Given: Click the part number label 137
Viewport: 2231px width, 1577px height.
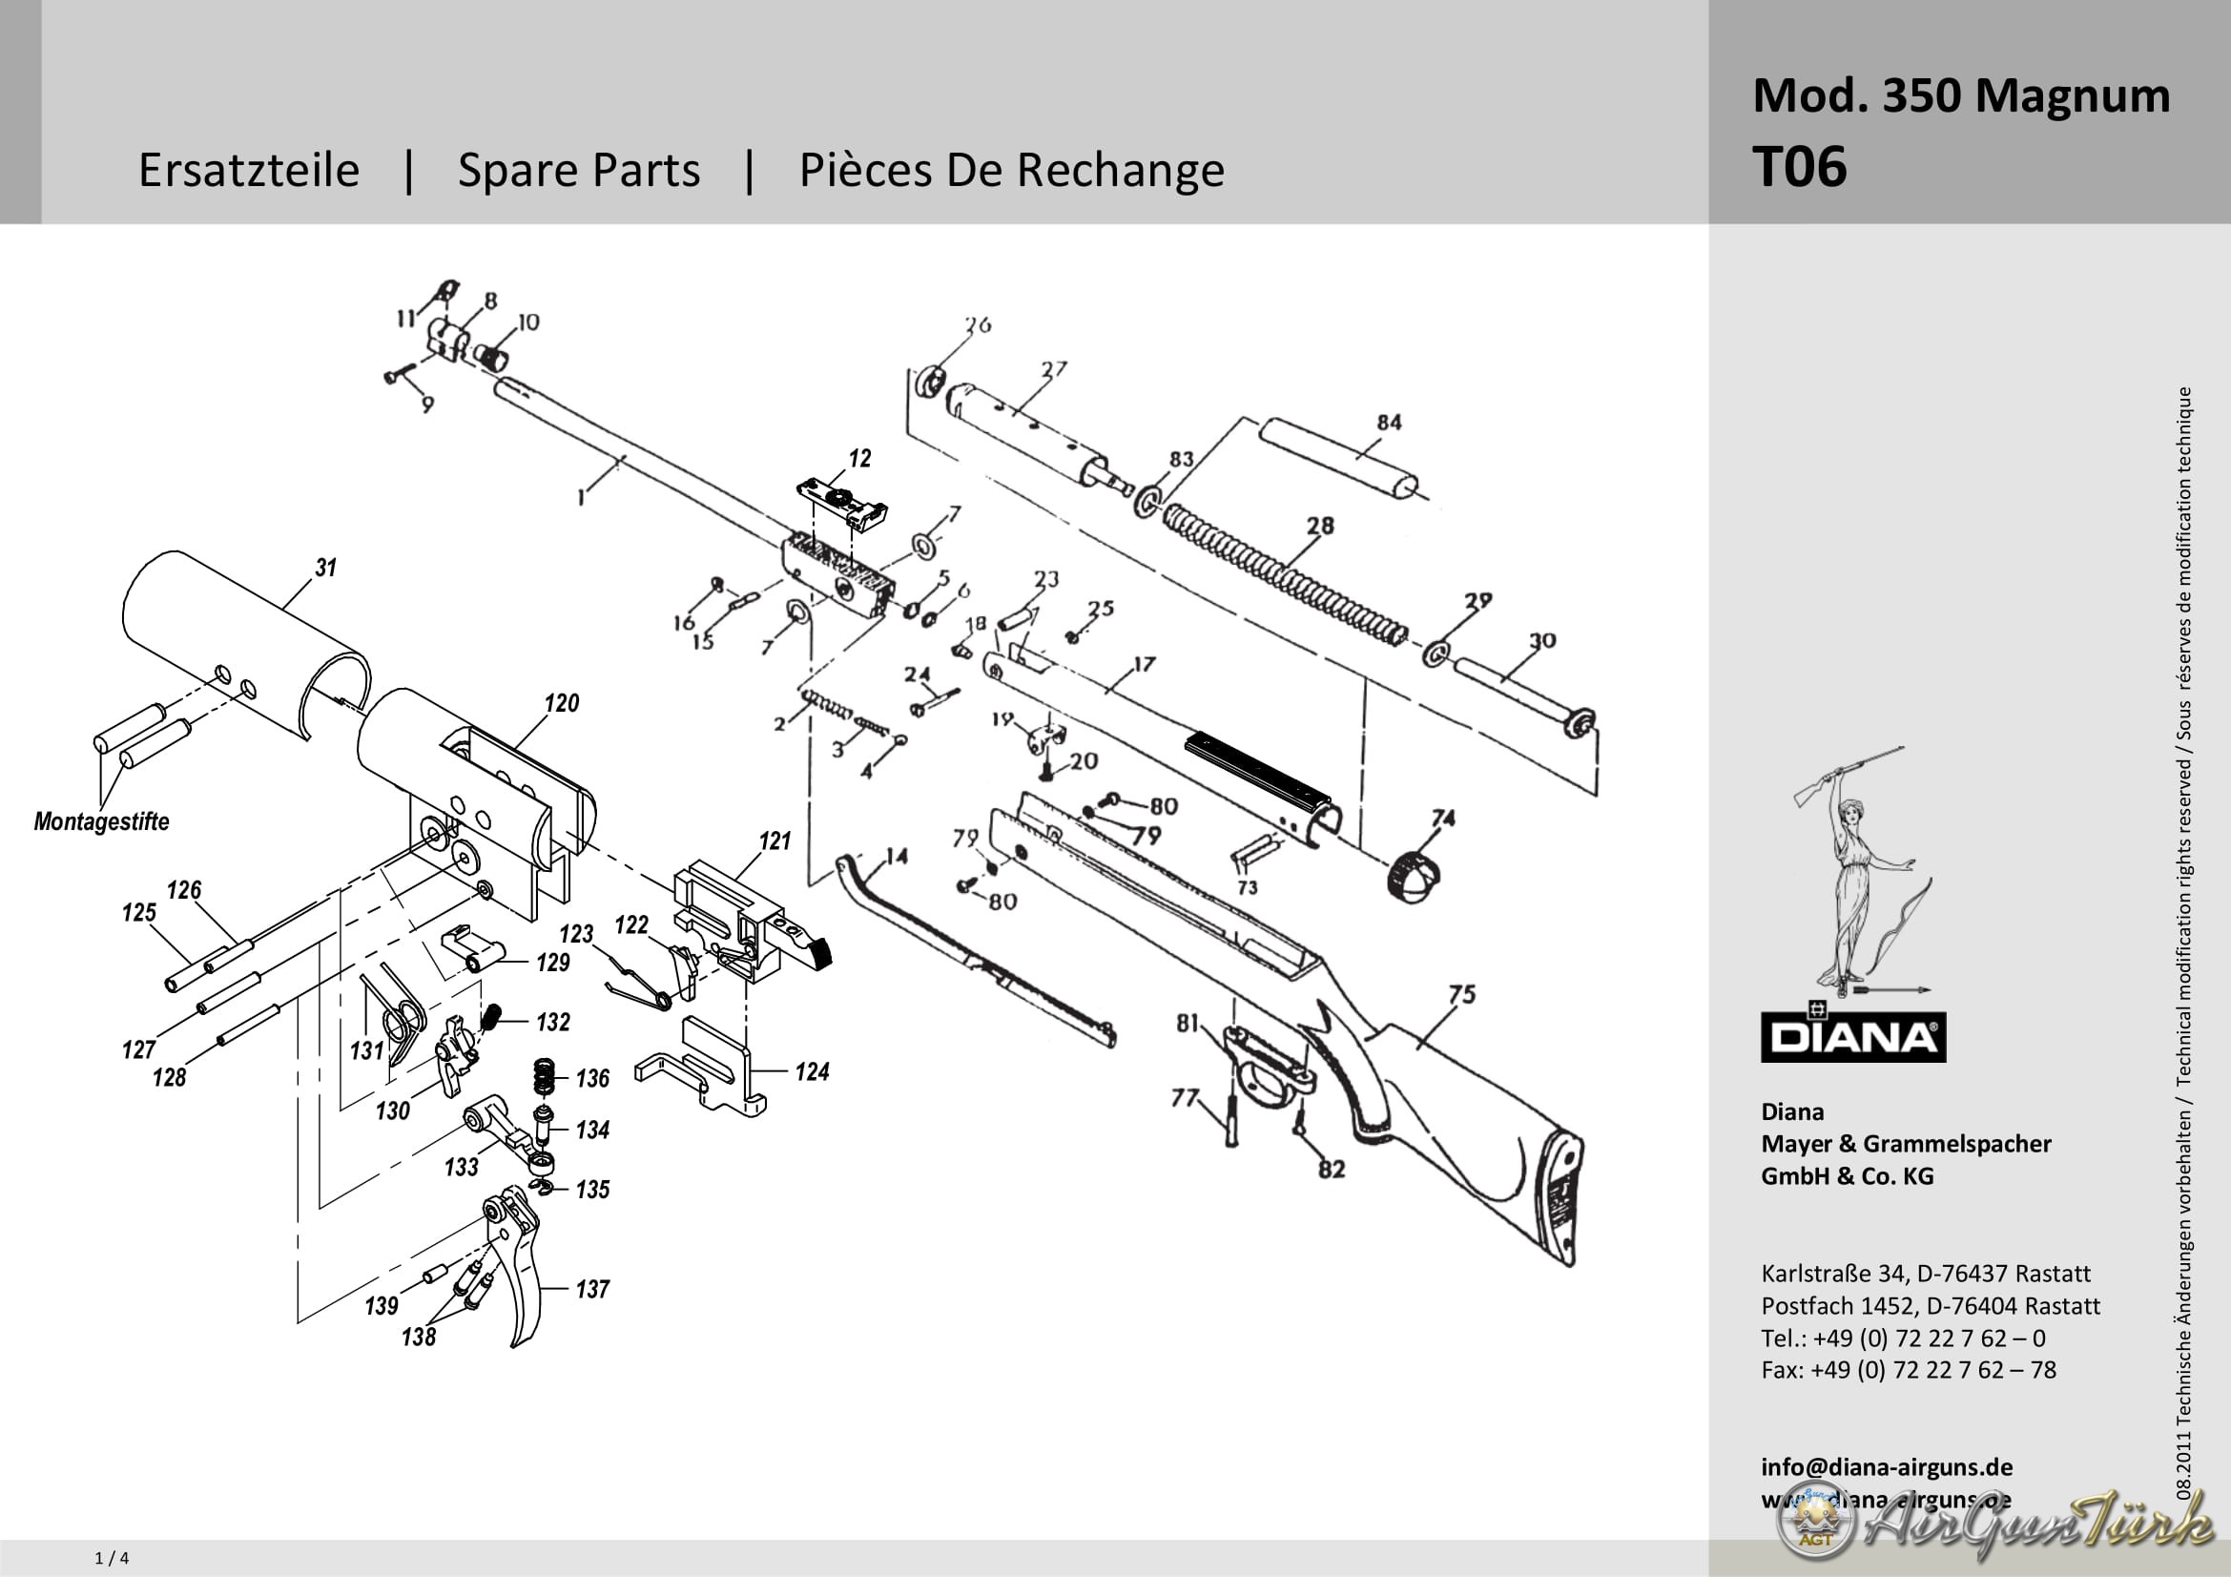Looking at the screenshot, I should click(591, 1290).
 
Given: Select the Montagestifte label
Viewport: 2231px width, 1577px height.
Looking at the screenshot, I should click(101, 822).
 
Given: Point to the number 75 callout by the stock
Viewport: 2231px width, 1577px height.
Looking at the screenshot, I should click(1461, 994).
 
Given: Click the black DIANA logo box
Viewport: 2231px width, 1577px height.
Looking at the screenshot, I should click(1852, 1038).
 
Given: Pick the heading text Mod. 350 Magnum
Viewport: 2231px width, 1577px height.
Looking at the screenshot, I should click(1961, 95).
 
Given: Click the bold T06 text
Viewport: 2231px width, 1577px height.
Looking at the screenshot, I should click(1799, 167).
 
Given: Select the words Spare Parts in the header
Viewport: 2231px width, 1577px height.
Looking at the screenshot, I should click(578, 170).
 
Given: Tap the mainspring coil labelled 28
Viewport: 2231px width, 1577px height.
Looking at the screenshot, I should click(1283, 574).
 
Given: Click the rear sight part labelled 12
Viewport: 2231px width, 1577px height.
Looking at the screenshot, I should click(841, 502).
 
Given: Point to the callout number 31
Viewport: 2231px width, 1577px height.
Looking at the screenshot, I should click(325, 568).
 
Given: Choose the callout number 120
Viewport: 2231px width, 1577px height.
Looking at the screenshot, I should click(562, 702).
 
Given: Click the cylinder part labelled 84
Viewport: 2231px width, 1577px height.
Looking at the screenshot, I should click(1339, 458).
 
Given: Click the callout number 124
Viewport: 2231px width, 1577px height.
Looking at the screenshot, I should click(812, 1071).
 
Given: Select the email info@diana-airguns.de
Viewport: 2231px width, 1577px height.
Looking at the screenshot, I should click(1886, 1467).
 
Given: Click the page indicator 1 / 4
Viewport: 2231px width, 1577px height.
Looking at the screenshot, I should click(112, 1559).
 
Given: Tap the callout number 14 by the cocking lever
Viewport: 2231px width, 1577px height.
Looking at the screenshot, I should click(896, 856).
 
